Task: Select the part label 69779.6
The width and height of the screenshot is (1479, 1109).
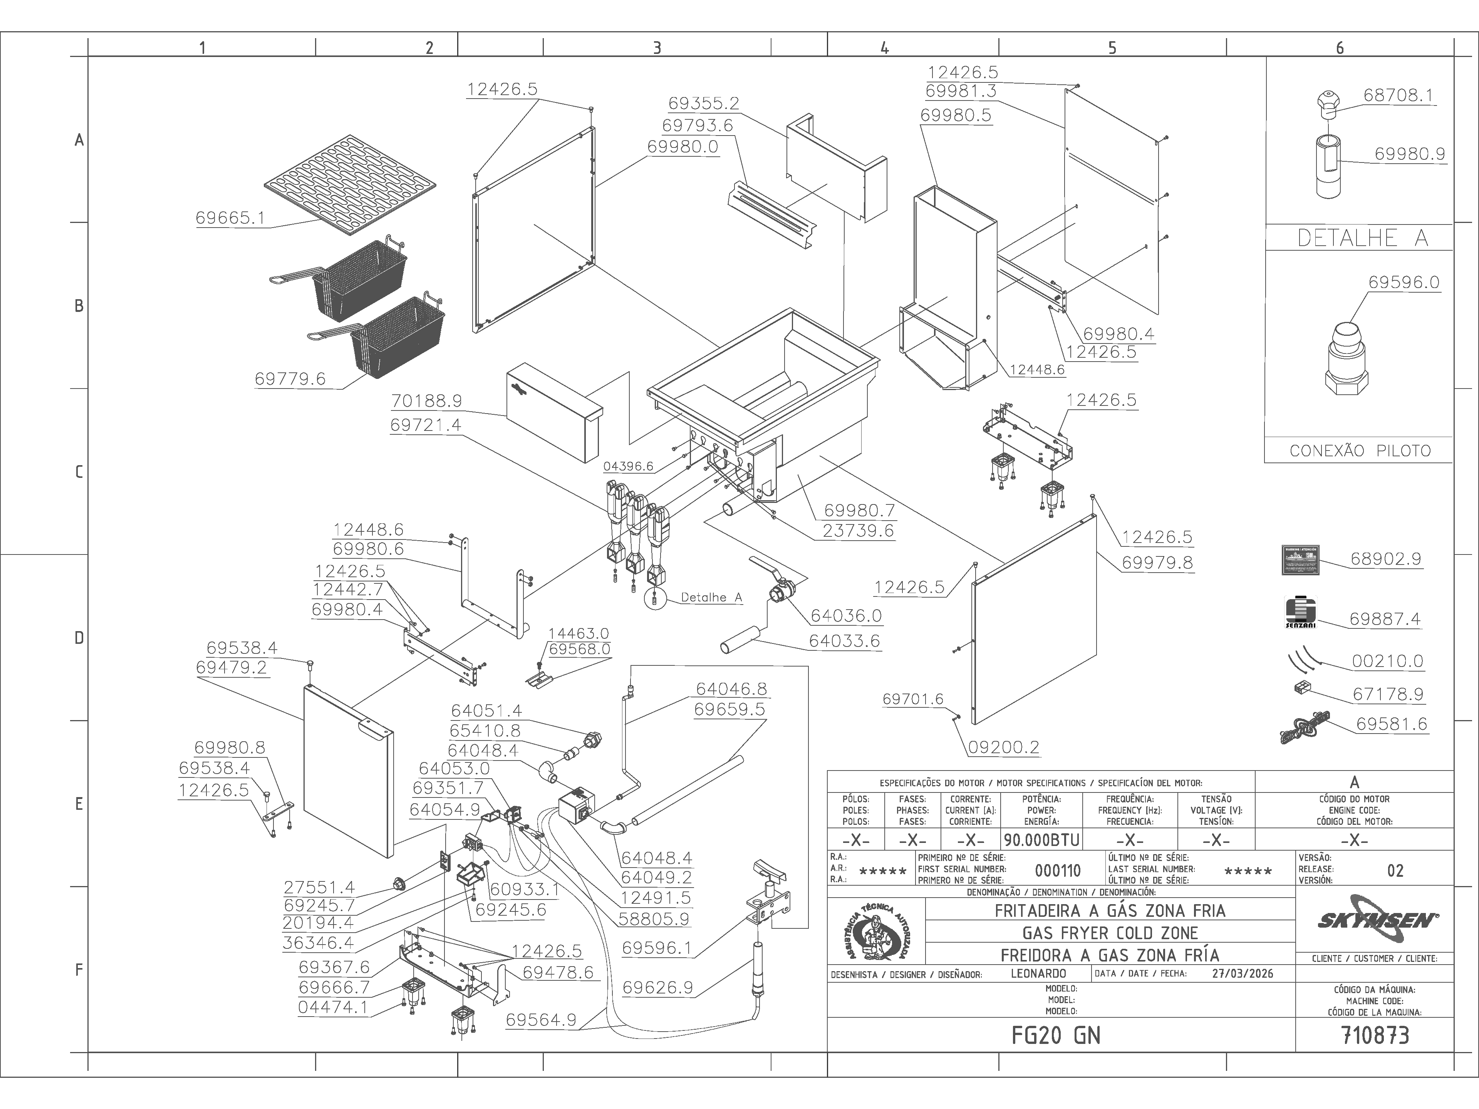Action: point(290,379)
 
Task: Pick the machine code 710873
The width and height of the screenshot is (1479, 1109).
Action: point(1375,1035)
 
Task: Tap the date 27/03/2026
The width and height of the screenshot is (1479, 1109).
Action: point(1242,973)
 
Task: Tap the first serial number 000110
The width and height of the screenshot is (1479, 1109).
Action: point(1058,870)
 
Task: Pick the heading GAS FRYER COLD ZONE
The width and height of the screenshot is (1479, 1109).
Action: point(1110,933)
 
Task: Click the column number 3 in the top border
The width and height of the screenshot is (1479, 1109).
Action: point(657,47)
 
